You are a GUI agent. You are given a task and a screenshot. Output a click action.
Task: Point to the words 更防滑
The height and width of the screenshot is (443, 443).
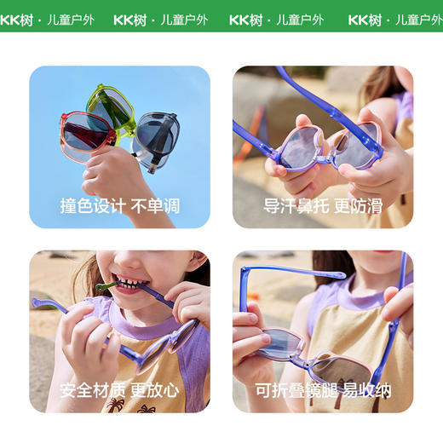pyautogui.click(x=359, y=206)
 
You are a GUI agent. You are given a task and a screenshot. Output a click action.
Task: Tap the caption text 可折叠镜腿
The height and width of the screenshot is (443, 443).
pyautogui.click(x=295, y=391)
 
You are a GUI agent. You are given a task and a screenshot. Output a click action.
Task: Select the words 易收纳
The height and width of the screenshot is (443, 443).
pyautogui.click(x=367, y=391)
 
